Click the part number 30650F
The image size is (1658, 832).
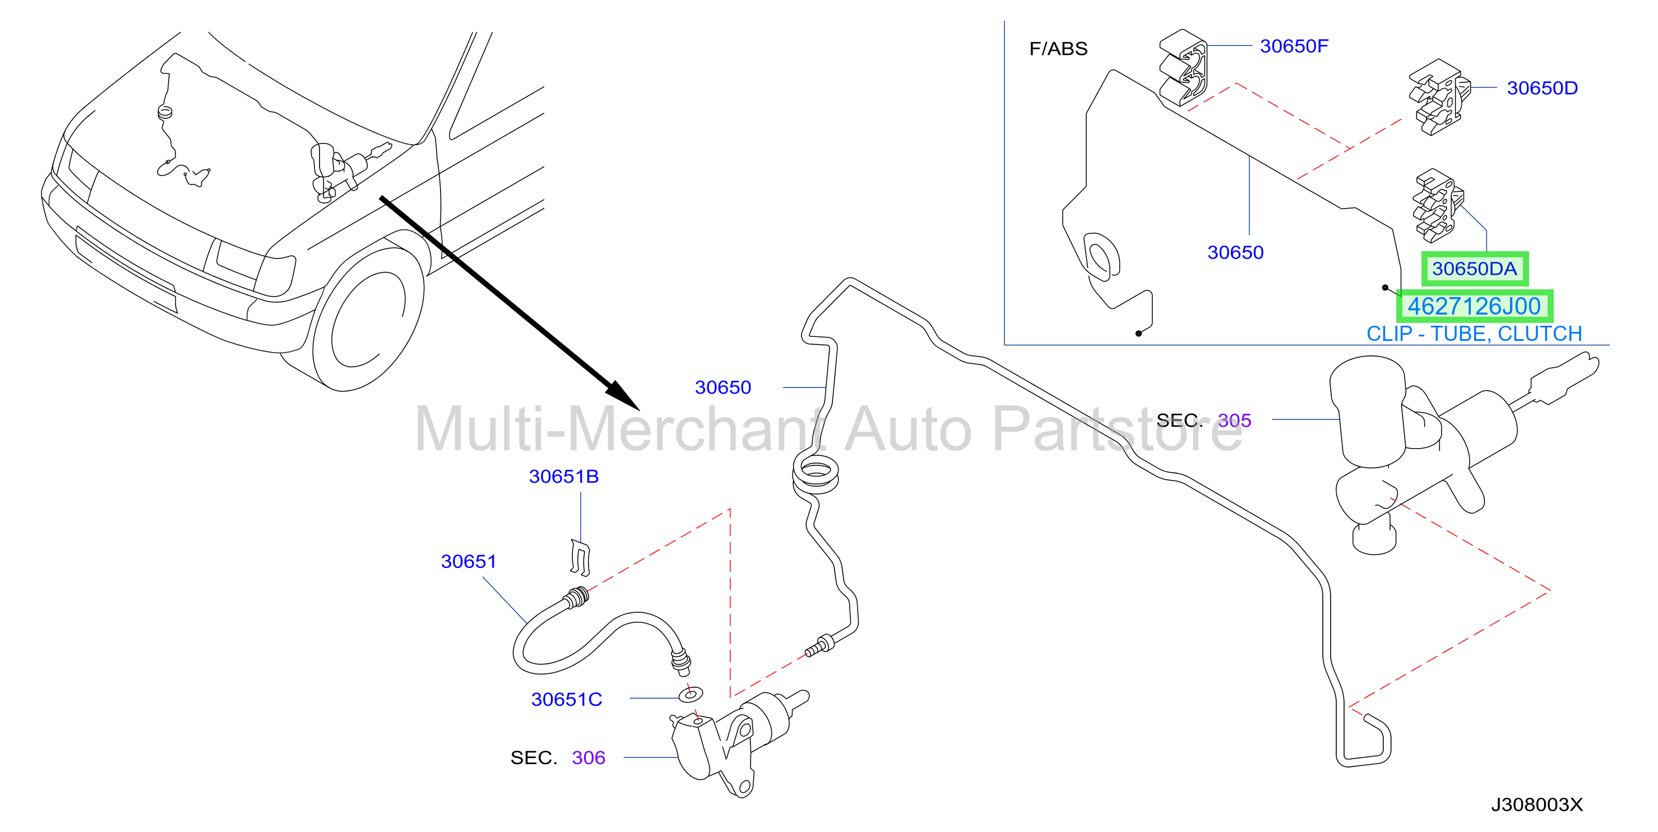(x=1294, y=47)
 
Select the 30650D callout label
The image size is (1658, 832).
(x=1542, y=88)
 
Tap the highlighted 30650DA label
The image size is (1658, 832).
(x=1475, y=269)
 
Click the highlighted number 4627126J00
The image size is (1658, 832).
(x=1474, y=307)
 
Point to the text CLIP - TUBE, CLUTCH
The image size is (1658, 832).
(x=1474, y=334)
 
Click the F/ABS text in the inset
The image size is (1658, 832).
(x=1058, y=49)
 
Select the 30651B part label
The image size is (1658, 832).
(x=564, y=477)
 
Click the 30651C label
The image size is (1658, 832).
(x=566, y=699)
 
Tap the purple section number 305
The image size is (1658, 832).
(x=1234, y=420)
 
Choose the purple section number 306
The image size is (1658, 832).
(x=589, y=758)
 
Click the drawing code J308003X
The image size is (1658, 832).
(x=1537, y=805)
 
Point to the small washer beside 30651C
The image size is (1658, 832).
(x=691, y=695)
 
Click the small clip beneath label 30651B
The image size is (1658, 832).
(x=580, y=558)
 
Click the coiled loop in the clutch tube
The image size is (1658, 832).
(x=816, y=477)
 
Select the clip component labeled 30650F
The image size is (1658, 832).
(x=1183, y=68)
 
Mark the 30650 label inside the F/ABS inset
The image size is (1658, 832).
(x=1235, y=252)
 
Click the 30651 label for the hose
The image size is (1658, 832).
(x=469, y=562)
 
